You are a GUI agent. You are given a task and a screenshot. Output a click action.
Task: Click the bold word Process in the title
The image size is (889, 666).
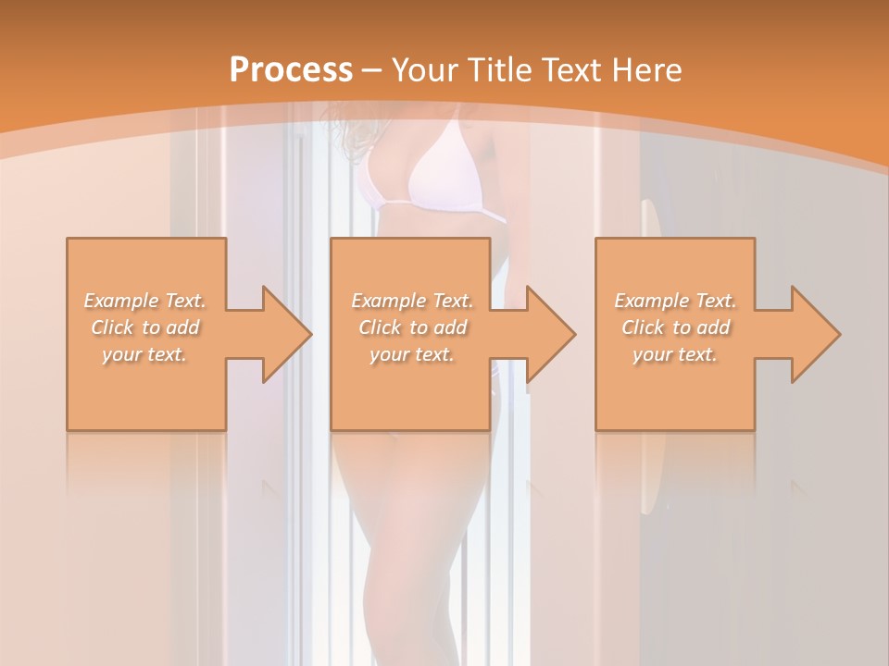[x=291, y=70]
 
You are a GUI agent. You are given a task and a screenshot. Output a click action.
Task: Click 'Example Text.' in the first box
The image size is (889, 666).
[x=145, y=301]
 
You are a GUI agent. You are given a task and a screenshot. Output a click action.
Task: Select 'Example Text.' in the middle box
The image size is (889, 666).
[x=412, y=301]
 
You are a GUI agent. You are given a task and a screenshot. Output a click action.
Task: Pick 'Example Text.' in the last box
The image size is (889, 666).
[x=675, y=301]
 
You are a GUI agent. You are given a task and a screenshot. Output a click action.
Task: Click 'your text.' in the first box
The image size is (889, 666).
[x=145, y=354]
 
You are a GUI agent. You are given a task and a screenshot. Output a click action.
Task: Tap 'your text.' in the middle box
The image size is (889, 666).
[x=412, y=354]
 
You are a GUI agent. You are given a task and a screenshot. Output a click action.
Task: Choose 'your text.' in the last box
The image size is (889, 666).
[x=675, y=354]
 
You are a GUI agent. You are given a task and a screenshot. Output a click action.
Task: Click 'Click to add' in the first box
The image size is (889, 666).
[x=145, y=327]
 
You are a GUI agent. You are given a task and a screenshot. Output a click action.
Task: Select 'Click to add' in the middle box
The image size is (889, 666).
[x=412, y=327]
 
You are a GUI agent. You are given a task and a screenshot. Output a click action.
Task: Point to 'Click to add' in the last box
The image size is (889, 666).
[x=675, y=327]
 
